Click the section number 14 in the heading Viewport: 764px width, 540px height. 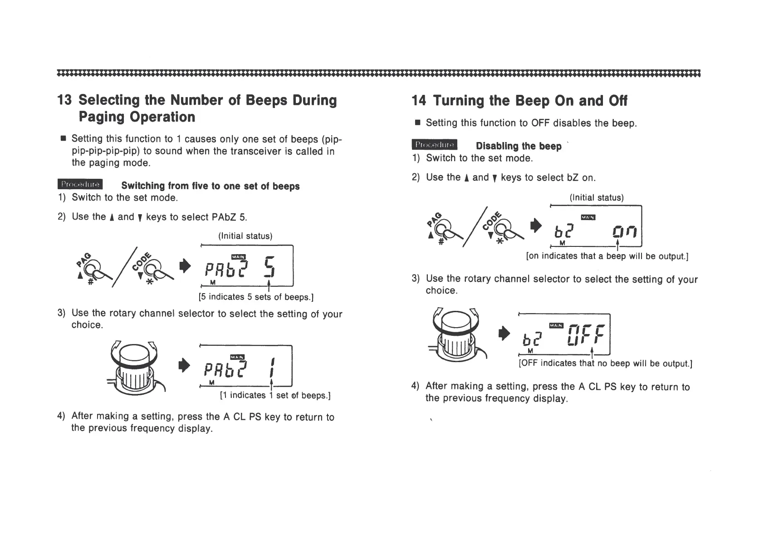(419, 101)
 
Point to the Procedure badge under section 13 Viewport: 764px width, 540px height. (80, 184)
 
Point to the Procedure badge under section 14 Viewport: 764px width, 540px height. (435, 145)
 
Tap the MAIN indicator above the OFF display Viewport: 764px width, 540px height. (556, 325)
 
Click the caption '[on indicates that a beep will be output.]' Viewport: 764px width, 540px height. (607, 257)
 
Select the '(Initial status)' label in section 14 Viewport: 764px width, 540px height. (597, 198)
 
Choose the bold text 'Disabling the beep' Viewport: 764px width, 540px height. (519, 146)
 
